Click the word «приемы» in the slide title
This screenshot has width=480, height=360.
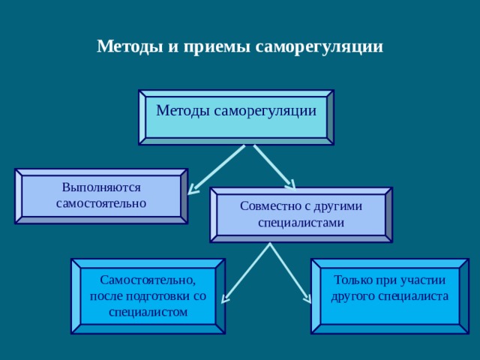[x=217, y=47]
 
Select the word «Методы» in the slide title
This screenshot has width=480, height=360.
[x=130, y=46]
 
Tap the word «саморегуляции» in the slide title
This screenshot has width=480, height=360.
[x=319, y=47]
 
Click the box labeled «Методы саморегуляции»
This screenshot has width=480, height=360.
[x=236, y=117]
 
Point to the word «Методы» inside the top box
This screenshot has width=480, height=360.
[x=183, y=111]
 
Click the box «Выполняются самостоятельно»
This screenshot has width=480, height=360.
[x=101, y=196]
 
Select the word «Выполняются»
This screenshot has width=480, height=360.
[x=101, y=187]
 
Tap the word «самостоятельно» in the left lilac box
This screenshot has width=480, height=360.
[x=101, y=203]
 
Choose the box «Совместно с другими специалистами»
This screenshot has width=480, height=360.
[x=301, y=214]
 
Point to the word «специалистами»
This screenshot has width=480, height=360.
[x=301, y=223]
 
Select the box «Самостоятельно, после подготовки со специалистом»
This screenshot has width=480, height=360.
[x=148, y=296]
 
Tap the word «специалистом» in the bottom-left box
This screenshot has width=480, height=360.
[x=148, y=312]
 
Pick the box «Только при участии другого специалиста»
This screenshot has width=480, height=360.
[x=390, y=296]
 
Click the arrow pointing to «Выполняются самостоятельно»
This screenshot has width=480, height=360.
[x=217, y=169]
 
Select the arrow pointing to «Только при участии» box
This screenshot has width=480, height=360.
[x=290, y=273]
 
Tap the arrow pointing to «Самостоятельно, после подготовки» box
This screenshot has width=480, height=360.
[x=245, y=273]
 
